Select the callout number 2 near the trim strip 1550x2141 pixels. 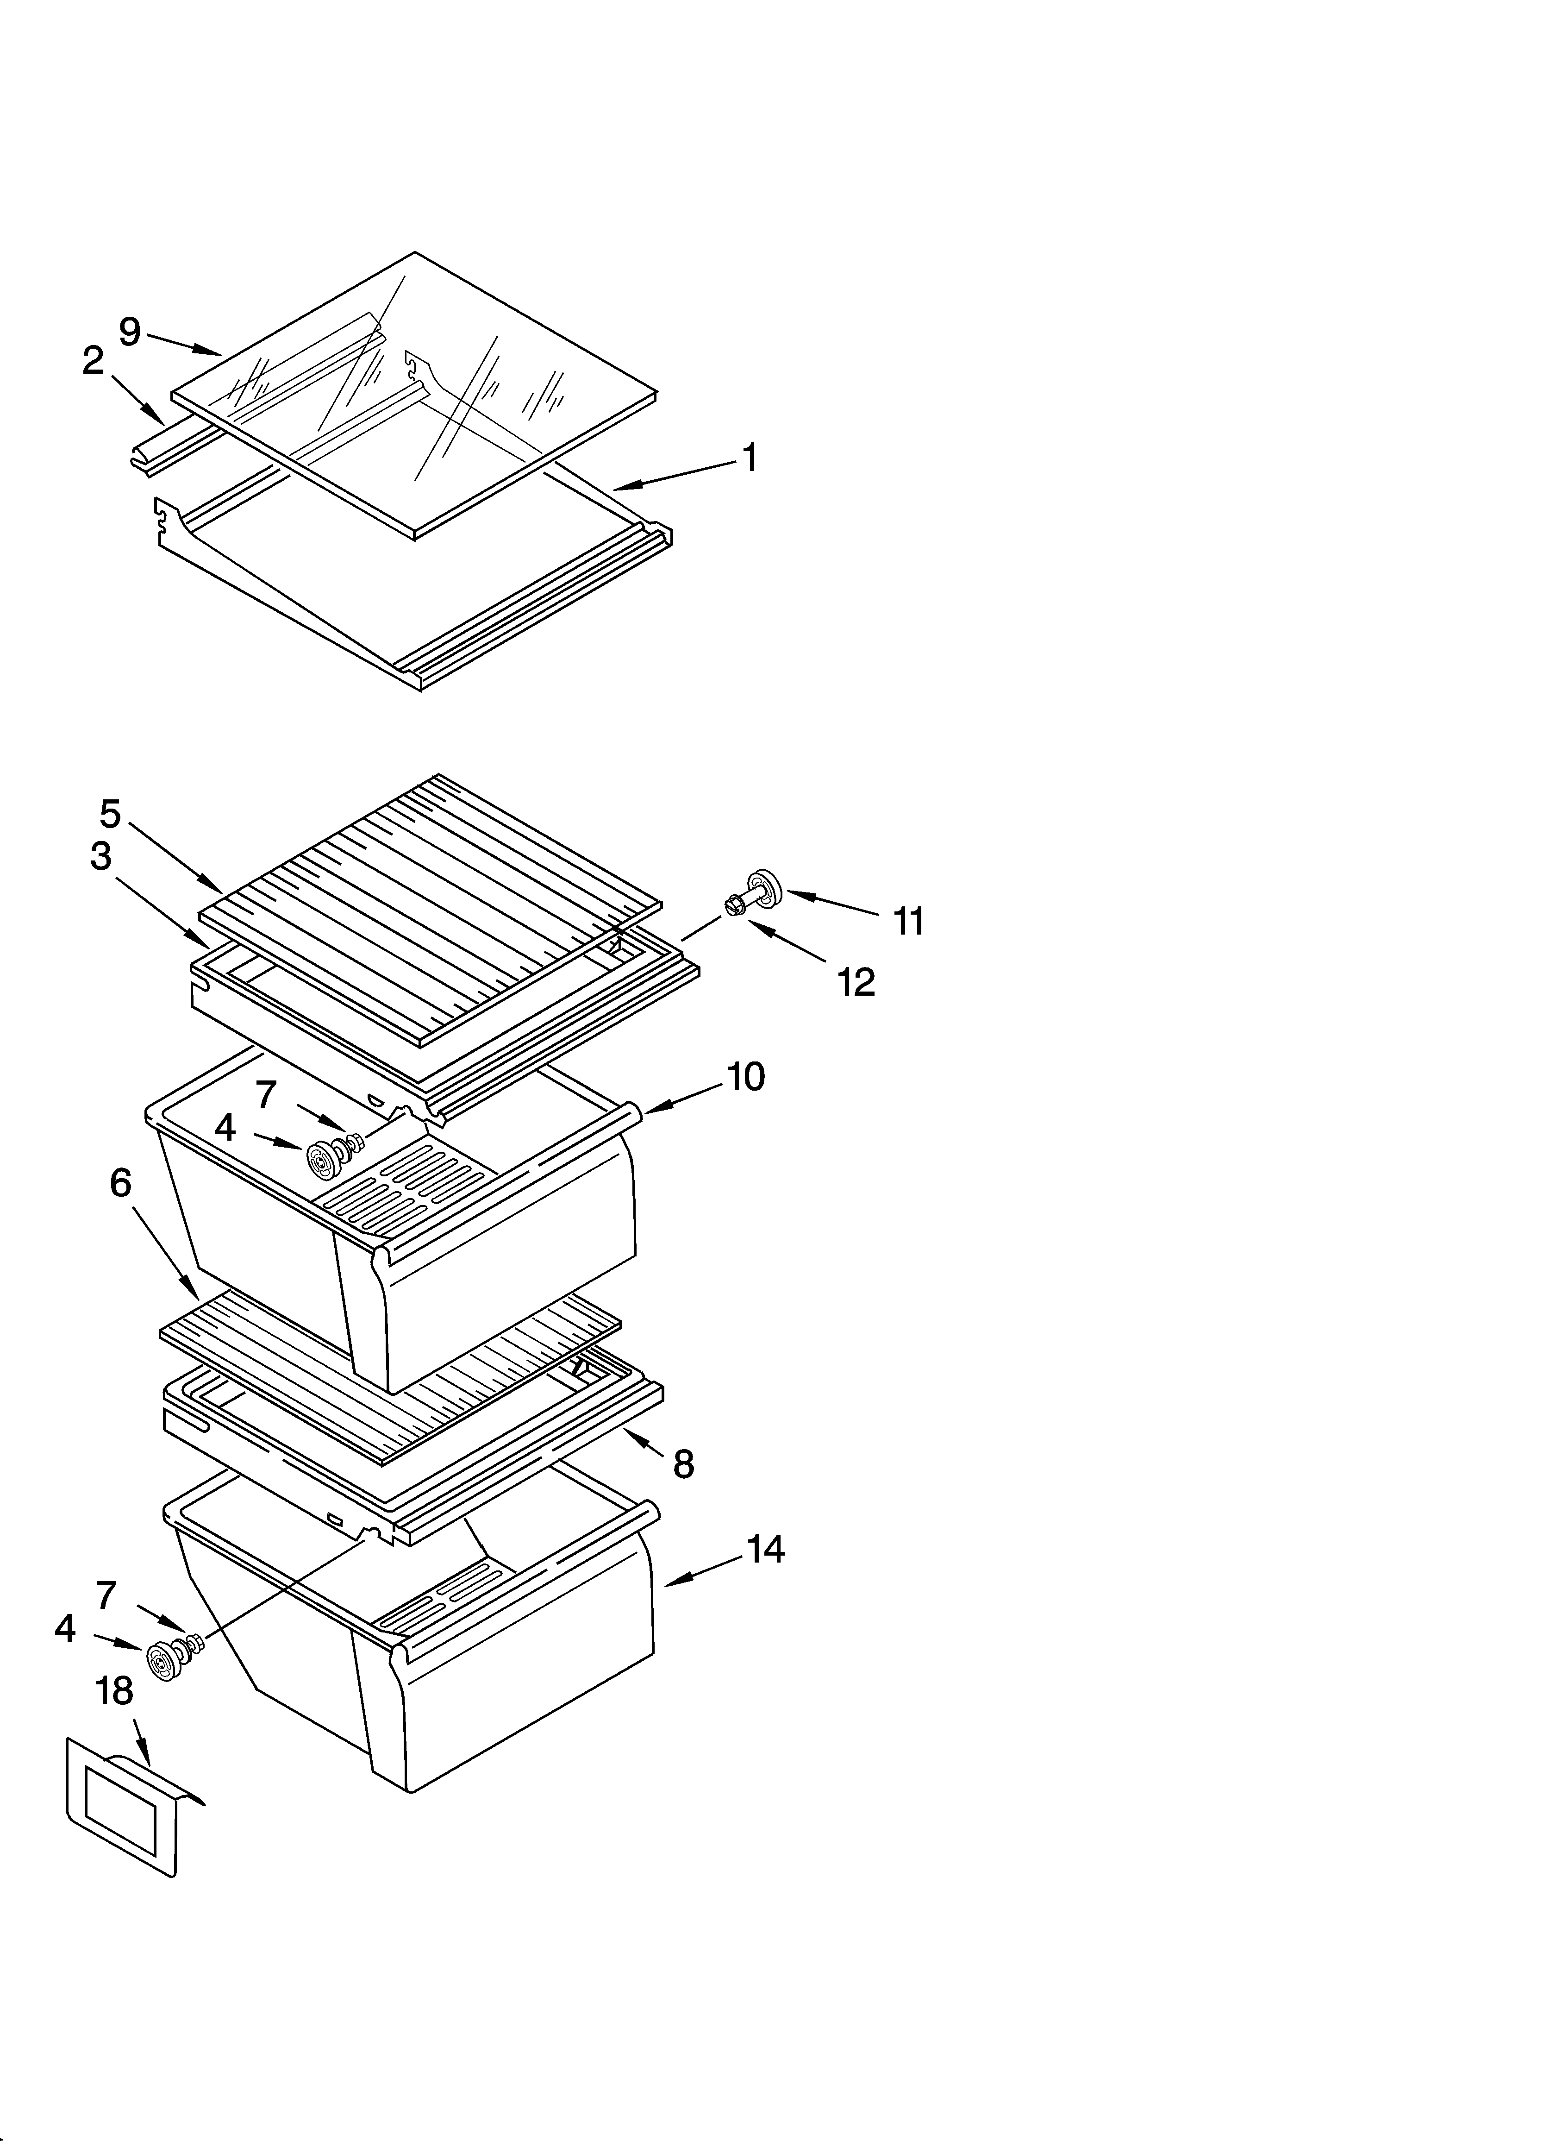(x=93, y=361)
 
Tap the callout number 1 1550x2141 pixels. (x=750, y=459)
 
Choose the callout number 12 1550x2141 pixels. (x=856, y=983)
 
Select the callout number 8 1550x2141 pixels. (x=683, y=1464)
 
